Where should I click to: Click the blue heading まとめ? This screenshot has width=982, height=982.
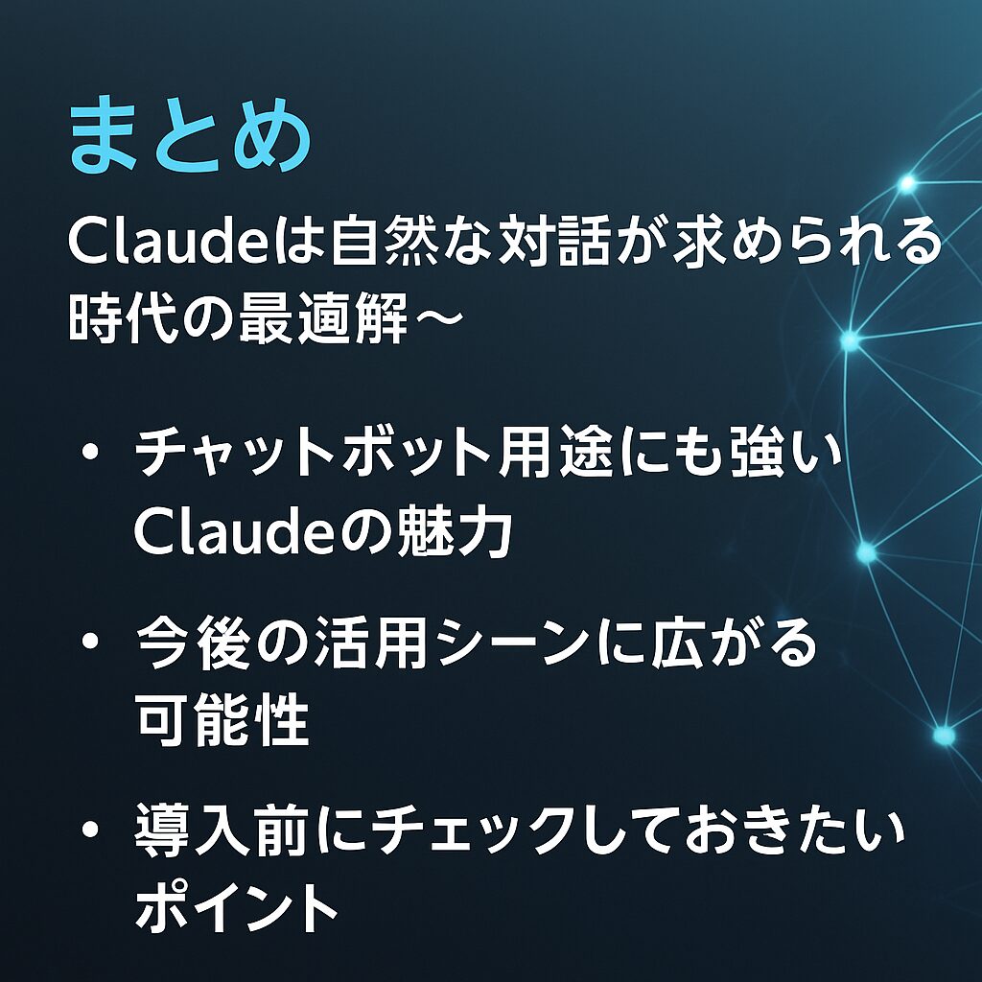point(191,134)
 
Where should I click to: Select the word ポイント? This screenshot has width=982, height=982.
point(236,907)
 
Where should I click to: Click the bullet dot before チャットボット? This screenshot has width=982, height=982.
point(91,452)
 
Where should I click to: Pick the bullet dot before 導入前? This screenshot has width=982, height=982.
point(91,830)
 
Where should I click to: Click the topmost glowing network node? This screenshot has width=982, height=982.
point(907,183)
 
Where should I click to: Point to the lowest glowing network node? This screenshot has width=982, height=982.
point(944,736)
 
